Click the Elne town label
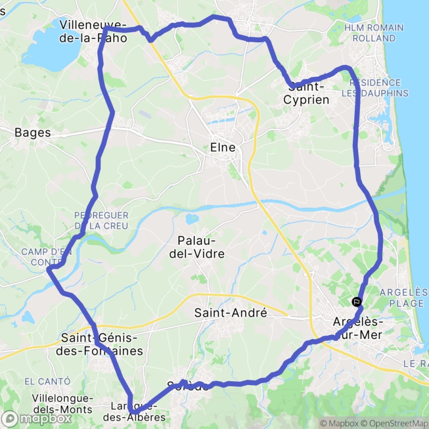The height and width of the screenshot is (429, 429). coord(223,147)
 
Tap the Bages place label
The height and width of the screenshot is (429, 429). coord(33,132)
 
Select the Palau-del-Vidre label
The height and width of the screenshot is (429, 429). coord(197,247)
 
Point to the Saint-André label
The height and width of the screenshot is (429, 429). coord(231,313)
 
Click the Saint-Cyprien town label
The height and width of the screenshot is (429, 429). coord(306,93)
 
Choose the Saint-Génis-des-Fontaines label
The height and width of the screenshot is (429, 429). coord(102,345)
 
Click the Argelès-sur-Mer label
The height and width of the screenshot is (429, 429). coord(357,328)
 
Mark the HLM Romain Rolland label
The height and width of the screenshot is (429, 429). coord(374,33)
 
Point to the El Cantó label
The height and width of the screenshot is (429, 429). coord(47,381)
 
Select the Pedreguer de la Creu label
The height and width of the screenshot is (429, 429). coord(101,220)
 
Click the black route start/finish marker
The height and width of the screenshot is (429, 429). coord(357,302)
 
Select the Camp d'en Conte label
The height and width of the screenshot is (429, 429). coord(40,257)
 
